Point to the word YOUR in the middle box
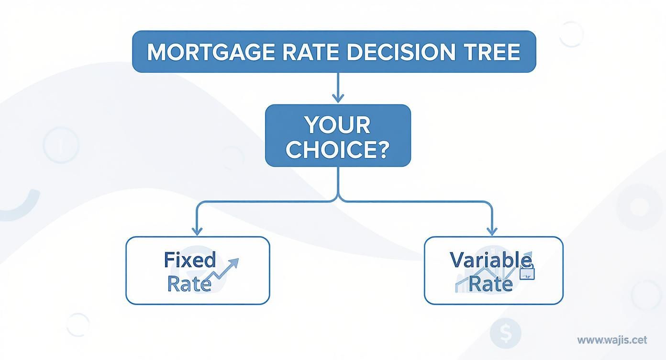coord(337,125)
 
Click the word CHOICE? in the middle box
coord(337,149)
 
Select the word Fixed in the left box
coord(189,260)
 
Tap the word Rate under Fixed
coord(189,284)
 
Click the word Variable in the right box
coord(490,260)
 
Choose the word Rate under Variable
coord(490,284)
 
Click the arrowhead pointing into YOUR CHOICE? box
coord(338,99)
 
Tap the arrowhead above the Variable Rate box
coord(492,231)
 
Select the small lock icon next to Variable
coord(527,273)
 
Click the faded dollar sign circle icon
coord(505,333)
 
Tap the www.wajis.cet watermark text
coord(612,340)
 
